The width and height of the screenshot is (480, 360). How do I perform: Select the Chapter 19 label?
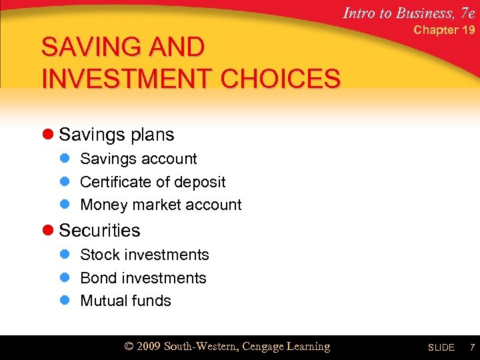point(444,30)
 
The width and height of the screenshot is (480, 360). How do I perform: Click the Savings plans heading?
point(117,135)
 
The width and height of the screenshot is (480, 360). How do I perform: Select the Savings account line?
point(139,159)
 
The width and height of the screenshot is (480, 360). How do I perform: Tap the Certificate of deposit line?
point(153,182)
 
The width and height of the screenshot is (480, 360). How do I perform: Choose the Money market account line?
point(161,205)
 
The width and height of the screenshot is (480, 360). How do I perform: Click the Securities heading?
point(100,230)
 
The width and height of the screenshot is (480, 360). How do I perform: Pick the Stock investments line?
point(145,255)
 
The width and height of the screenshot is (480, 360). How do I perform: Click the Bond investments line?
point(143,278)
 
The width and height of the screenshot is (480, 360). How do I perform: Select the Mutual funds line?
point(125,301)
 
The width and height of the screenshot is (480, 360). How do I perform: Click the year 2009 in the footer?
point(149,347)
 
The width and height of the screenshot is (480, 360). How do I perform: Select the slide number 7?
point(472,347)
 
